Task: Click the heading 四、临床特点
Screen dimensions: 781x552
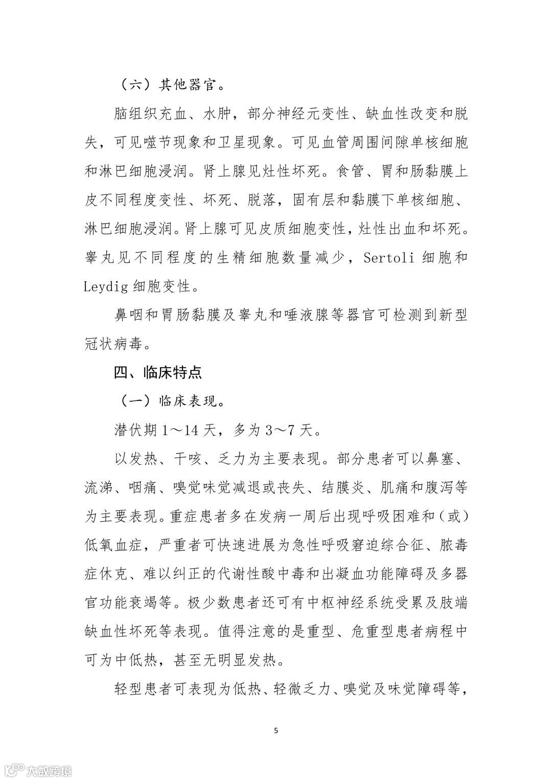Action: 157,372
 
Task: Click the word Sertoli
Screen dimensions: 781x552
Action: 389,257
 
